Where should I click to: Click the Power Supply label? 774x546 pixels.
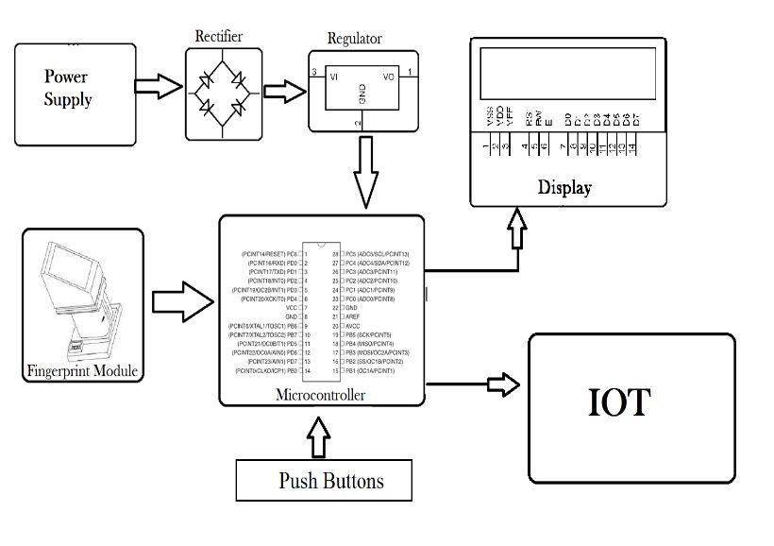[68, 87]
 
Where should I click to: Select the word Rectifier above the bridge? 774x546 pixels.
[219, 37]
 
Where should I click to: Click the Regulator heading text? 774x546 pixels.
[355, 39]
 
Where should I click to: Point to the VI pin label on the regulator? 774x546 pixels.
[333, 77]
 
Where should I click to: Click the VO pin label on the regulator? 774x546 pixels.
[388, 77]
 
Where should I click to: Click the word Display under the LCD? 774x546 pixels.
[564, 187]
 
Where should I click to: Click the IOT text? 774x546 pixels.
[619, 402]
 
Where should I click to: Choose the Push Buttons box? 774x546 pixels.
[324, 481]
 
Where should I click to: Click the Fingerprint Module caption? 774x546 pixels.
[82, 371]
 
